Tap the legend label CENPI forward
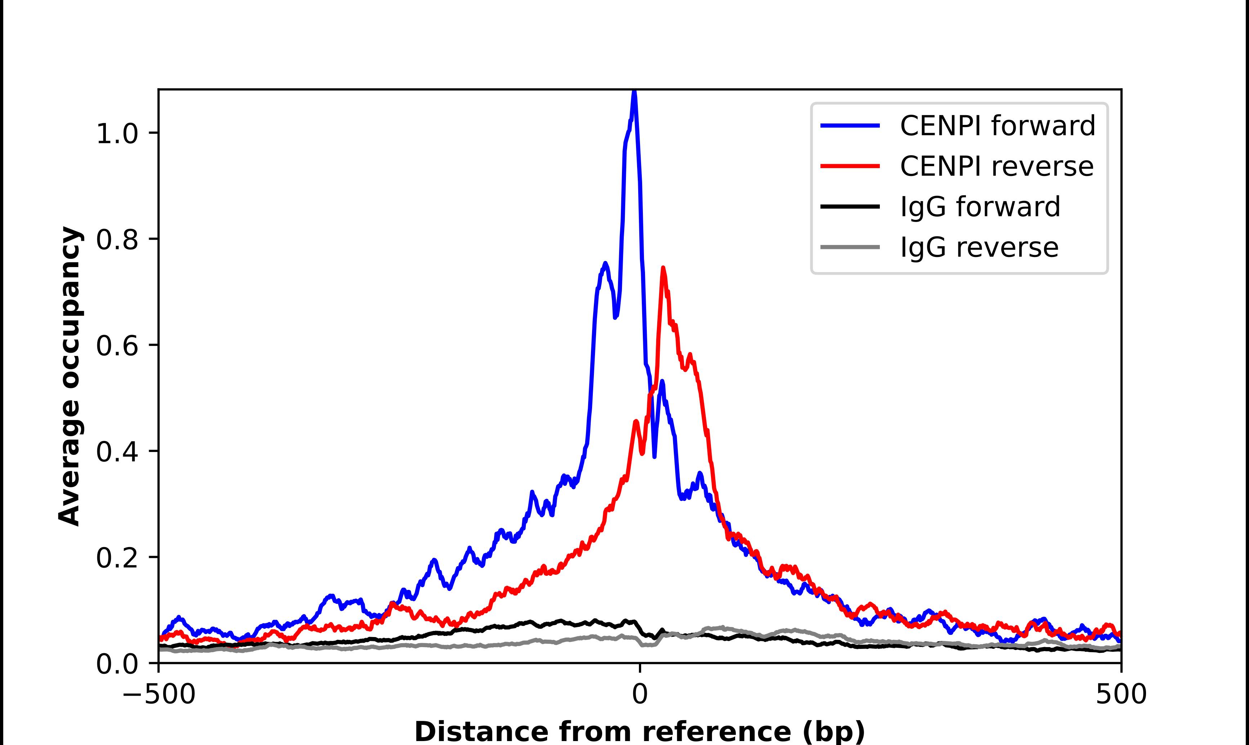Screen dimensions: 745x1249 [x=997, y=126]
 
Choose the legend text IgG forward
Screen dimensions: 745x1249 [x=980, y=207]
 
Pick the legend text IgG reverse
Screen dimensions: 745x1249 [x=979, y=247]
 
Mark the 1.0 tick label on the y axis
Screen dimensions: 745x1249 [x=117, y=134]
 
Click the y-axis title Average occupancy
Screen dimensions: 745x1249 [x=69, y=376]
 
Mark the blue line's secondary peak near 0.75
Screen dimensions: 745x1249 [x=605, y=263]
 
